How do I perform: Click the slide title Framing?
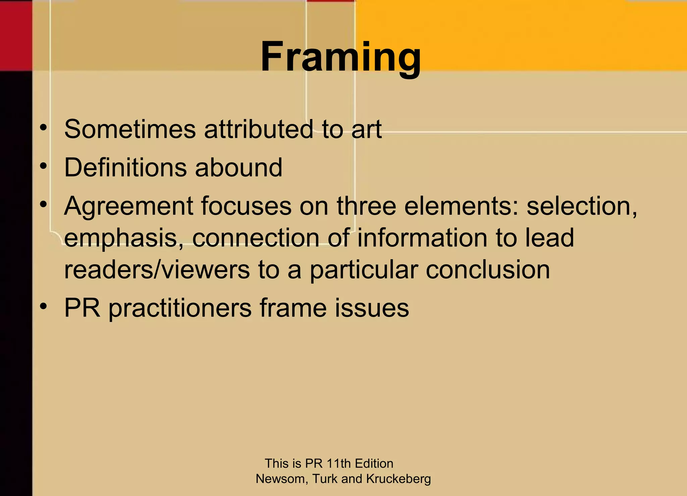pos(340,57)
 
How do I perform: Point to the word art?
pos(366,130)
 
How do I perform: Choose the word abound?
pos(239,167)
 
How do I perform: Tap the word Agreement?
pos(128,207)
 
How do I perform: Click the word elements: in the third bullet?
pos(461,206)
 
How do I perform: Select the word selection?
pos(582,206)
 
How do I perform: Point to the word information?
pos(422,238)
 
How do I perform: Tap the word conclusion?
pos(488,270)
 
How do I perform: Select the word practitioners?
pos(180,308)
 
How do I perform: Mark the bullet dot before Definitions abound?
pos(43,166)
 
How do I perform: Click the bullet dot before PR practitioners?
pos(43,306)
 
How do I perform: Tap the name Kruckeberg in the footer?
pos(399,479)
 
